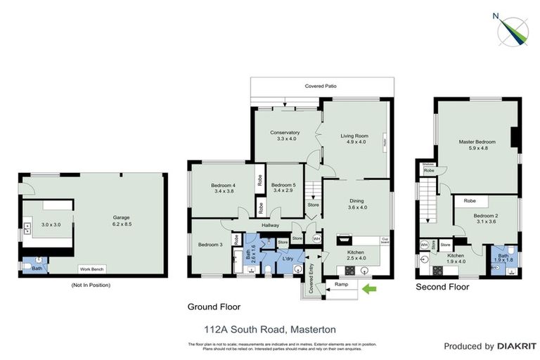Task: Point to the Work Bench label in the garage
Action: coord(93,269)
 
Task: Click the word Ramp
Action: coord(341,285)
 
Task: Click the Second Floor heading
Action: coord(442,288)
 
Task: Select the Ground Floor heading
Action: coord(214,307)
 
